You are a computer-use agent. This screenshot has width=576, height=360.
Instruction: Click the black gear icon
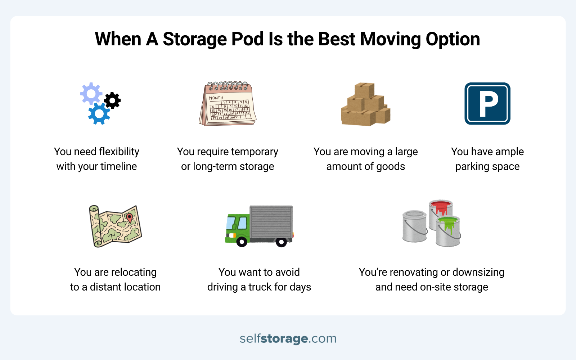[112, 101]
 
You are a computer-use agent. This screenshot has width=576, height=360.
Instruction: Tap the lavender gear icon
[91, 94]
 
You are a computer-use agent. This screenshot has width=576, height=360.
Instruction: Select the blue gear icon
[99, 114]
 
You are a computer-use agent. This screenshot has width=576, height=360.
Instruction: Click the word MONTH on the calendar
[216, 98]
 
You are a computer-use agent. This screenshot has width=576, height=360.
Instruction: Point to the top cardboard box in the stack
[364, 90]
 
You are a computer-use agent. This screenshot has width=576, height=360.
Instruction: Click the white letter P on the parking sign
[489, 104]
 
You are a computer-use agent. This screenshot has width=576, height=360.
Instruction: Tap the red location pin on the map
[129, 217]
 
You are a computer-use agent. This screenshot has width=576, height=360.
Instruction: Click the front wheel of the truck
[242, 242]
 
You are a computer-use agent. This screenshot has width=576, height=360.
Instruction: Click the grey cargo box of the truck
[271, 221]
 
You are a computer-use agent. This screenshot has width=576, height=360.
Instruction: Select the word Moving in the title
[390, 39]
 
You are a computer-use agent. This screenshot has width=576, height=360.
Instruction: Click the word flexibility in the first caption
[119, 152]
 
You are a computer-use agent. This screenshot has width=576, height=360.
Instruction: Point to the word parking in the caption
[472, 167]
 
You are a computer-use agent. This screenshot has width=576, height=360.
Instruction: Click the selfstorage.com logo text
[288, 338]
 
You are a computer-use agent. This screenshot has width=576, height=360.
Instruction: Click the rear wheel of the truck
[281, 242]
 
